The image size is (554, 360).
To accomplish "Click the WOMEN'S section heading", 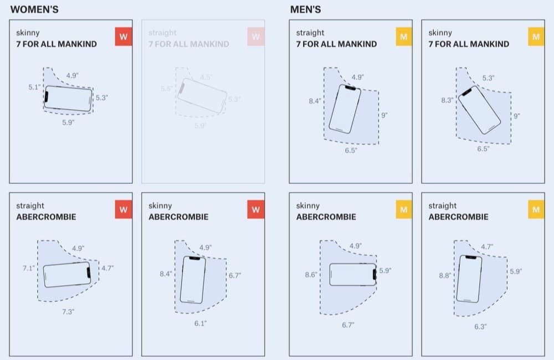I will click(34, 9).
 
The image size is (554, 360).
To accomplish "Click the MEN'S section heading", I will click(305, 9).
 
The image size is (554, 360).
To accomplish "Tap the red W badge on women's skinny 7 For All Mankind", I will click(123, 37).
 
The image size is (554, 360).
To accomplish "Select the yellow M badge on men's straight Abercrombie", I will click(536, 210).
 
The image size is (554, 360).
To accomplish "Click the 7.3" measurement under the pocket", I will click(68, 312).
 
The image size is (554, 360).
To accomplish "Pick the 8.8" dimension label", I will click(445, 275).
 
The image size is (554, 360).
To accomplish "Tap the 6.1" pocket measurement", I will click(200, 323).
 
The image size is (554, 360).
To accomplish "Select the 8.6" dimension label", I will click(311, 274).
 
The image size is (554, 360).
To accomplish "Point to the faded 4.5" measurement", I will click(206, 78).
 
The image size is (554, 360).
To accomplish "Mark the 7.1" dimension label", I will click(29, 268).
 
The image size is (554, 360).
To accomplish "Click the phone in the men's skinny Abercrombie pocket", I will click(353, 274).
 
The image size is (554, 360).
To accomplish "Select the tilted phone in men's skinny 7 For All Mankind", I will click(478, 110).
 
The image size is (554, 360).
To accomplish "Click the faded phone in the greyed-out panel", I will click(202, 94).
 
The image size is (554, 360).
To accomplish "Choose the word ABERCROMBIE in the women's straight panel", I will click(46, 217).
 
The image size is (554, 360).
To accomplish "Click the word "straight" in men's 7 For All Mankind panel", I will click(310, 33).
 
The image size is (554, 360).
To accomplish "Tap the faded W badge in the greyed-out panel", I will click(255, 37).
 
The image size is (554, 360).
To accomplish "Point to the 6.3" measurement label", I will click(480, 326).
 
